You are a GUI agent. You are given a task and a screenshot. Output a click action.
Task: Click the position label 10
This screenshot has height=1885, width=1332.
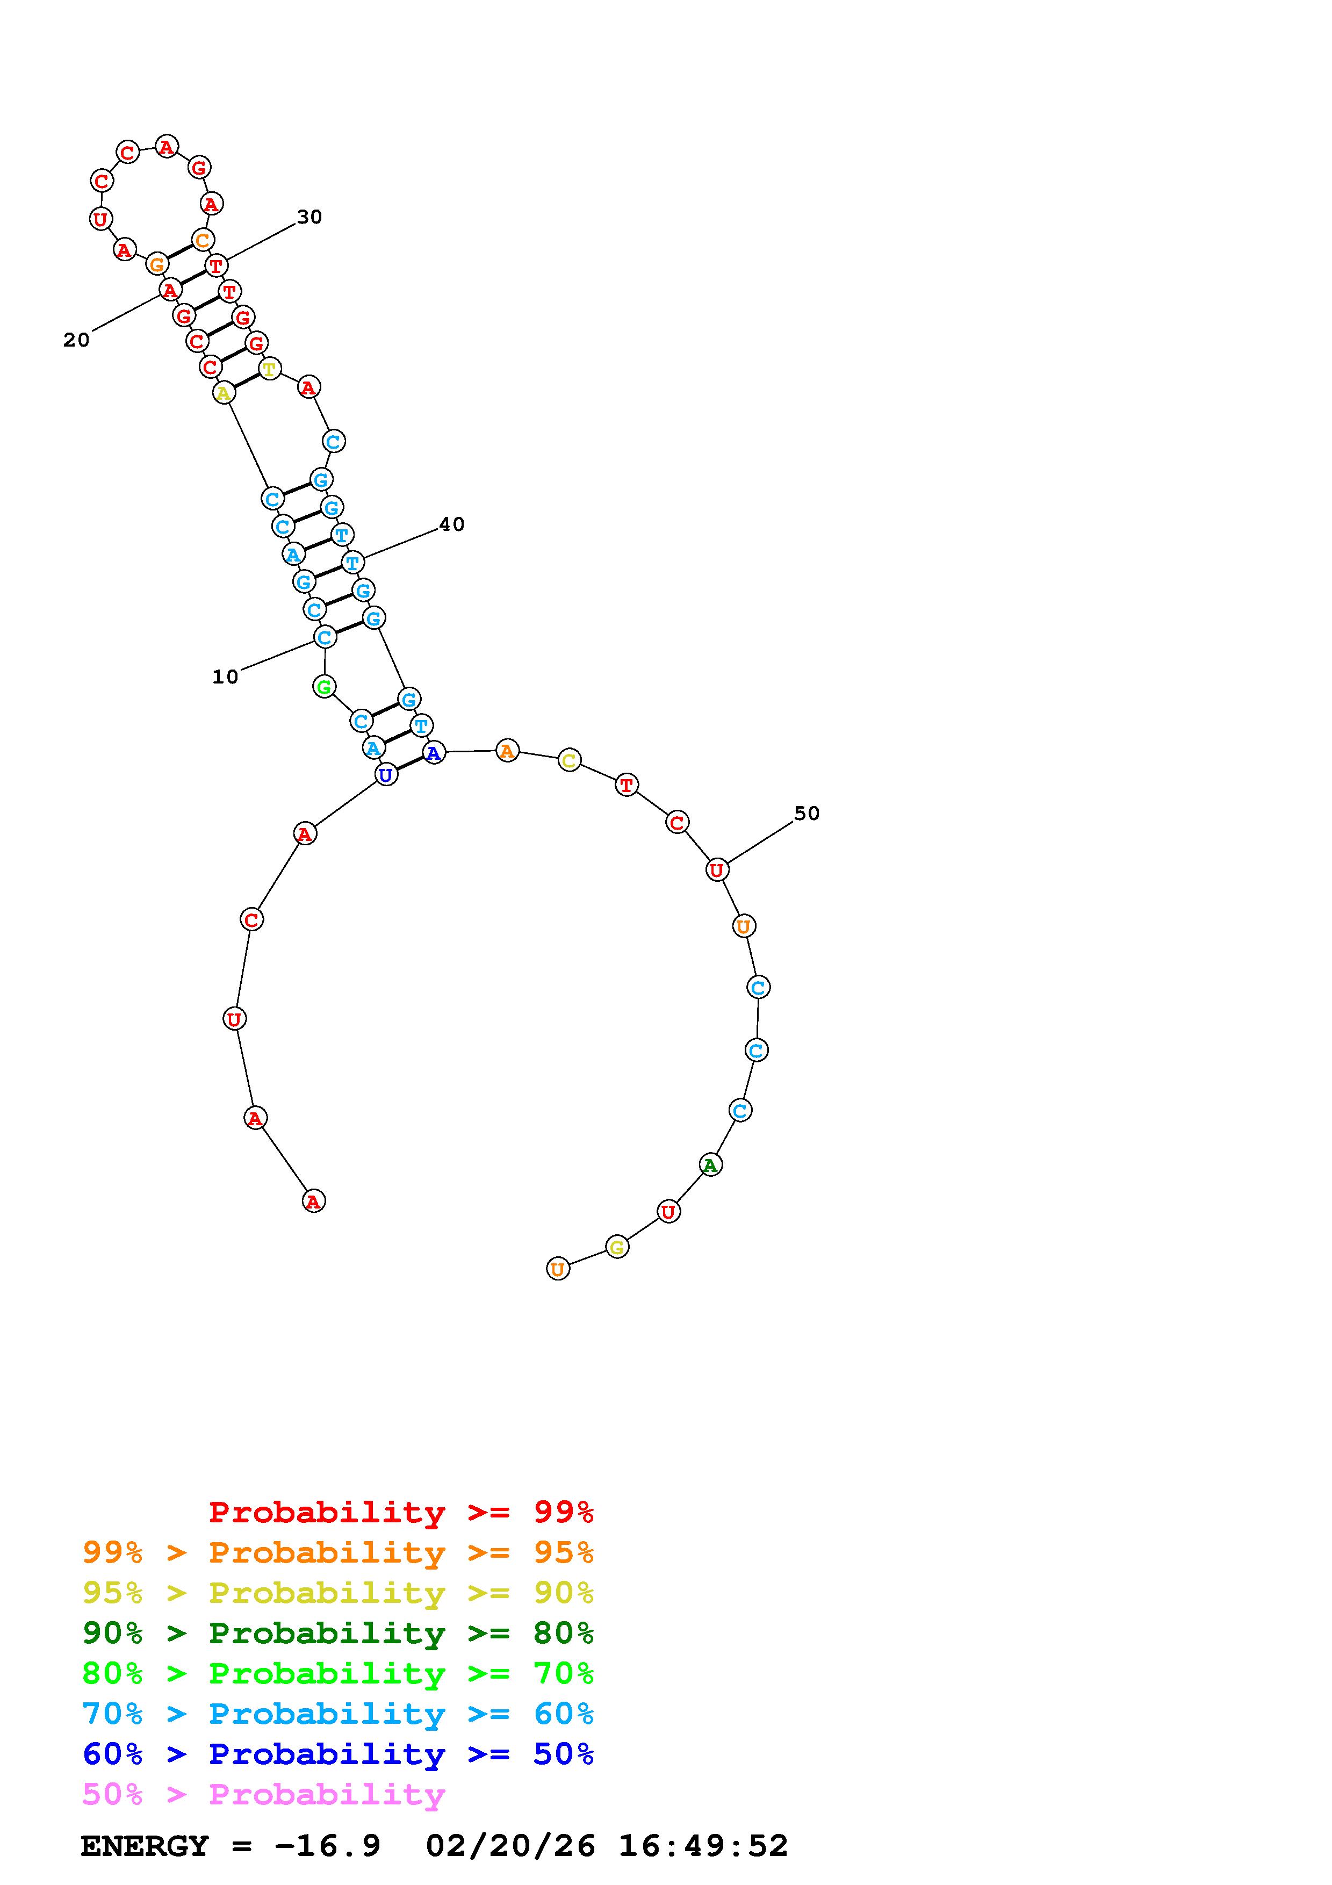point(225,677)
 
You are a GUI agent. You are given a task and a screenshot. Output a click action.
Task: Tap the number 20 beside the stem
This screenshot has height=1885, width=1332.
point(76,340)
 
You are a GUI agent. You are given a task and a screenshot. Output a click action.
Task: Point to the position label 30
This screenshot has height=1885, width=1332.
point(309,217)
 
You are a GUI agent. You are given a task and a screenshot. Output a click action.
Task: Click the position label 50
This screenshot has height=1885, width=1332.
point(807,813)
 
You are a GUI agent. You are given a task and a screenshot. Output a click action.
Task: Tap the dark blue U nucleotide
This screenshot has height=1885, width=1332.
point(386,774)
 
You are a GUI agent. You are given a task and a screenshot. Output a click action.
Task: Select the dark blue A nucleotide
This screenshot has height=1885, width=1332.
point(433,752)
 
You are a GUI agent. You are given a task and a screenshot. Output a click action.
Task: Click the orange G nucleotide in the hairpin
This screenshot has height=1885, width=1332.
point(156,264)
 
